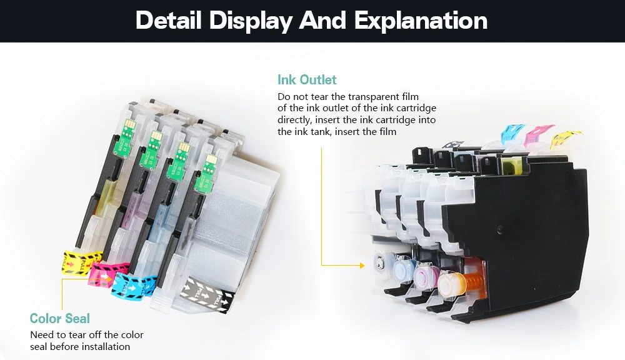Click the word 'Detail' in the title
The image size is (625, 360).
coord(168,21)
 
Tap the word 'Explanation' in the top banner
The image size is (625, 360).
coord(421,21)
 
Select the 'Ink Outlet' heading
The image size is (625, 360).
coord(307,80)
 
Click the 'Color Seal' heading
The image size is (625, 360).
coord(60,319)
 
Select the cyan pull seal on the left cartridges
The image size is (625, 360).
coord(133,282)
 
